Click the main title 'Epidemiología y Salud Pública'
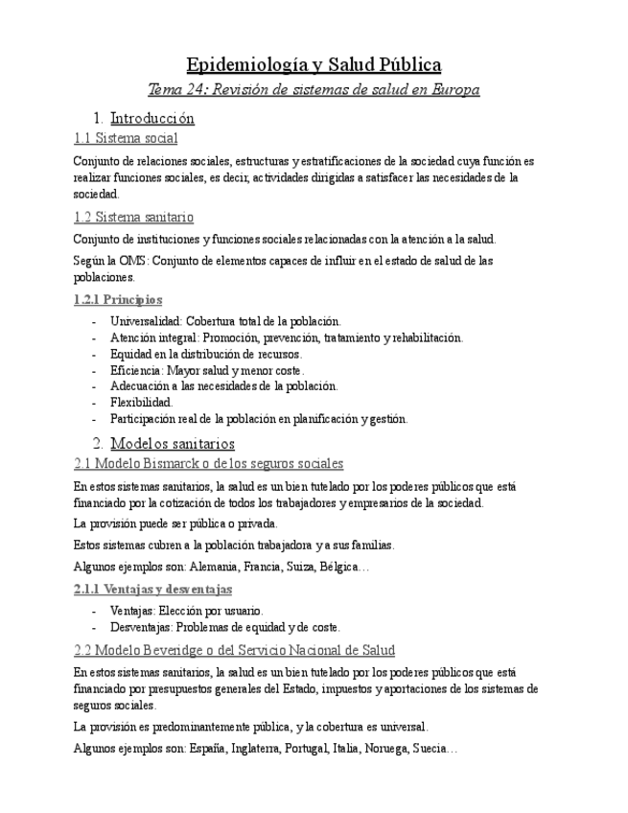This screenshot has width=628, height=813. point(314,65)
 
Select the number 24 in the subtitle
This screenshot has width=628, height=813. point(198,90)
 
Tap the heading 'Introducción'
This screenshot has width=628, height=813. point(152,119)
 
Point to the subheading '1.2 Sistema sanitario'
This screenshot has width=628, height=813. point(133,218)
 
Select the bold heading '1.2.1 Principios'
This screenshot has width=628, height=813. point(118,300)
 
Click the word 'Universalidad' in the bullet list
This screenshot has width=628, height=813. point(146,321)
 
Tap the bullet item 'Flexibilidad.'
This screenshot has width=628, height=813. point(142,403)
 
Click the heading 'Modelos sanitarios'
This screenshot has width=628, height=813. point(173,444)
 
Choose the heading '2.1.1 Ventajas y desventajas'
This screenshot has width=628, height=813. point(152,589)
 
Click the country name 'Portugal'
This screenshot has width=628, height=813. point(300,749)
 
